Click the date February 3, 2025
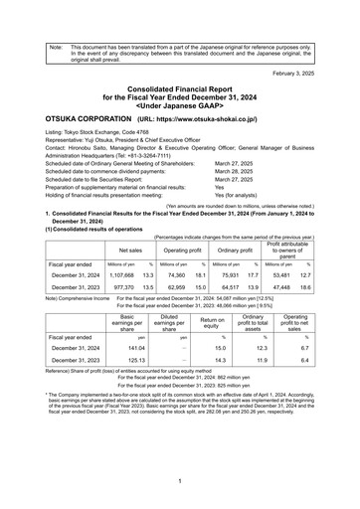(x=317, y=75)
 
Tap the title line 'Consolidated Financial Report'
(x=180, y=89)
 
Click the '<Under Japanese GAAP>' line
(x=180, y=105)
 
